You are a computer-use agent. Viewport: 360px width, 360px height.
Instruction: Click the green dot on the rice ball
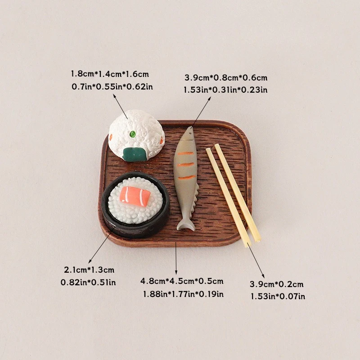(132, 133)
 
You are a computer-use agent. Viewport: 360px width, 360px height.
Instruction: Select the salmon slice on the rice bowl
(135, 196)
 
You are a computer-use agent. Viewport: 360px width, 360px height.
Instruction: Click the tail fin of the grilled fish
(186, 225)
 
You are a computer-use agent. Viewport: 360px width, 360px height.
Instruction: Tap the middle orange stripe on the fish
(186, 165)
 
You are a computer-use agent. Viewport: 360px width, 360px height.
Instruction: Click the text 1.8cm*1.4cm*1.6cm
(110, 74)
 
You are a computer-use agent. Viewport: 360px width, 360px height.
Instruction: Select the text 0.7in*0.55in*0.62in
(112, 86)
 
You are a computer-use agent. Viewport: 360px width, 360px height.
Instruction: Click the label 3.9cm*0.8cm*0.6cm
(226, 77)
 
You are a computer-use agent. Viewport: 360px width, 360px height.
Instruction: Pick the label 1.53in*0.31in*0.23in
(225, 90)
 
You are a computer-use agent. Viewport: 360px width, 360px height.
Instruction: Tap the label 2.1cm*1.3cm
(89, 270)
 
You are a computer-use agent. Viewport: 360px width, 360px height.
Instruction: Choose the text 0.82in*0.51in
(88, 282)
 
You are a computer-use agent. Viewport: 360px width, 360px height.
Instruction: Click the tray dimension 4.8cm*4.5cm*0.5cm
(182, 281)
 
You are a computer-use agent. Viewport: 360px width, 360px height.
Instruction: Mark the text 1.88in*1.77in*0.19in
(183, 294)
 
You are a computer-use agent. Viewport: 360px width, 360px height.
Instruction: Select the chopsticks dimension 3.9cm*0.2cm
(277, 284)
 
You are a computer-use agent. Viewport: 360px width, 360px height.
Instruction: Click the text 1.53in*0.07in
(278, 297)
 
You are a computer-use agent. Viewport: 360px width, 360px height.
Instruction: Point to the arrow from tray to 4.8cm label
(176, 258)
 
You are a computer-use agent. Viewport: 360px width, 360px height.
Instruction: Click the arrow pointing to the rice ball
(121, 107)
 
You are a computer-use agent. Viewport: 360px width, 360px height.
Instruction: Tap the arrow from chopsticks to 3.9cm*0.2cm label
(256, 260)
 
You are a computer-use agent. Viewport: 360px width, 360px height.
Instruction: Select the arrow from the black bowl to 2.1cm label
(101, 245)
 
